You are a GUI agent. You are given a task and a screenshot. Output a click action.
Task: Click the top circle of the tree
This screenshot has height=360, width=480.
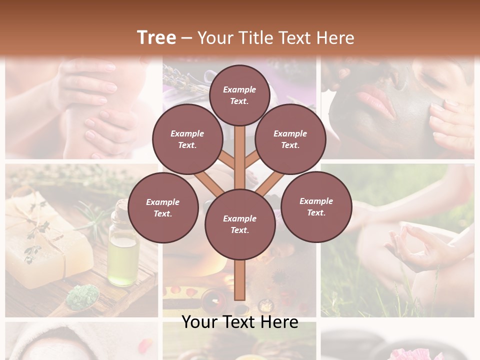point(239,95)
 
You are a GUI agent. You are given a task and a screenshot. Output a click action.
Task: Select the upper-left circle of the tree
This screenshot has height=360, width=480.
point(187,139)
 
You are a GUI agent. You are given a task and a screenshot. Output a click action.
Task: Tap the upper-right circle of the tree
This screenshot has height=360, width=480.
point(290,139)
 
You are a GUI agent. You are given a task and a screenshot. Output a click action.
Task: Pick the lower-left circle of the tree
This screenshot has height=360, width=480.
point(162,207)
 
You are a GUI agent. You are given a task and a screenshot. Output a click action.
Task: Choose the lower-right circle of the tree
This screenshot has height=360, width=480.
point(316,206)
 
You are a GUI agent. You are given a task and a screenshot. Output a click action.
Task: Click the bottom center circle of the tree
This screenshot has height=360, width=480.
point(239,224)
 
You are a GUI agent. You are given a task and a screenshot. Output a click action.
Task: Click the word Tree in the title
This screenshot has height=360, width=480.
point(156,37)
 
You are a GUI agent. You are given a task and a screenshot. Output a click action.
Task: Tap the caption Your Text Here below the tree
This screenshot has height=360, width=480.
point(239,322)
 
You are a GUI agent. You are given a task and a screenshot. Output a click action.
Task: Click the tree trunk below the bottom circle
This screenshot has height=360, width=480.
point(239,280)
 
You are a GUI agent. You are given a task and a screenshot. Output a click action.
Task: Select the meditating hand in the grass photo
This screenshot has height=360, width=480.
point(410,245)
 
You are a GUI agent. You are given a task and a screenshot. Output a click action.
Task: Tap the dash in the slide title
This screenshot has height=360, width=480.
point(186,37)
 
